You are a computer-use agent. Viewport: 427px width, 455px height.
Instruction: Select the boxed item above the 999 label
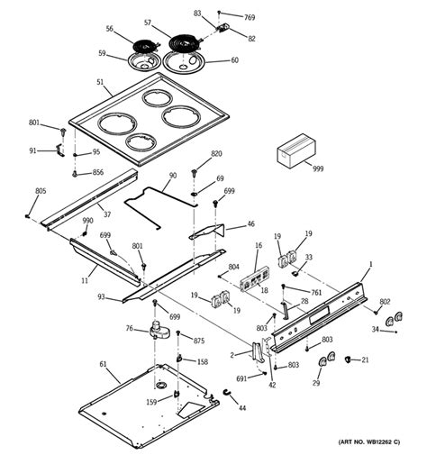coord(294,149)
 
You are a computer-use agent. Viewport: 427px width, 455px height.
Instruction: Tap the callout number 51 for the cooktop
coord(99,82)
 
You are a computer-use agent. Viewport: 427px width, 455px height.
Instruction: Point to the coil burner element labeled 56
coord(143,44)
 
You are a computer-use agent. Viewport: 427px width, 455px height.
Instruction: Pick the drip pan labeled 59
coord(142,63)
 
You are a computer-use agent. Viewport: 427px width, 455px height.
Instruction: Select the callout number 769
coord(250,17)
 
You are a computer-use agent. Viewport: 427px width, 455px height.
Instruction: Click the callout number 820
coord(216,154)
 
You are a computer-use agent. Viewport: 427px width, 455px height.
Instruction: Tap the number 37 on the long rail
coord(106,214)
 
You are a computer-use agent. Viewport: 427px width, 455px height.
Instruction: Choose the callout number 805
coord(41,190)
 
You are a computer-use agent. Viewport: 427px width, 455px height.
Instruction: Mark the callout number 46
coord(250,223)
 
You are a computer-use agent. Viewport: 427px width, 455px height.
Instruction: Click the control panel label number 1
coord(369,264)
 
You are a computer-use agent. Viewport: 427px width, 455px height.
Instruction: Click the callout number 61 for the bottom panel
coord(104,364)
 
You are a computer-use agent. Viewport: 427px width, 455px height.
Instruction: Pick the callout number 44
coord(241,408)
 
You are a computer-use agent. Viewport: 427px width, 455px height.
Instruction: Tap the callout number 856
coord(98,172)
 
